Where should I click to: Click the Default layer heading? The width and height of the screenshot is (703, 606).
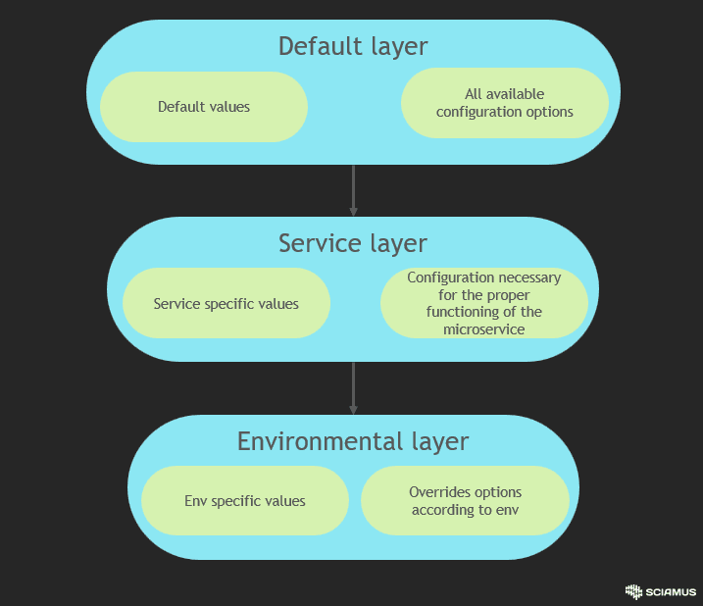(353, 46)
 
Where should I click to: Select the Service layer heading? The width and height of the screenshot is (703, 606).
(353, 243)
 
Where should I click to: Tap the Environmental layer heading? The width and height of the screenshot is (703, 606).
(353, 441)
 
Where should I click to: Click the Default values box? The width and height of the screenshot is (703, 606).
(204, 107)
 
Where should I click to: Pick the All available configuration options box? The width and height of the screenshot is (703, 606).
(505, 103)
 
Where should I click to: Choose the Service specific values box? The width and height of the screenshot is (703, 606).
(226, 304)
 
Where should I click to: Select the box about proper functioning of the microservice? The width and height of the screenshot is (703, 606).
(484, 304)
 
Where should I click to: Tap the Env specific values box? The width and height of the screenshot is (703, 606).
(245, 501)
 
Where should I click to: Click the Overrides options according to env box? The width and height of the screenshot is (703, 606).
(465, 501)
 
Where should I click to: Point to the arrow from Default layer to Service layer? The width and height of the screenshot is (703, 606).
(353, 190)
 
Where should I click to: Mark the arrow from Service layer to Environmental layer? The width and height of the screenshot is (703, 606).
(353, 388)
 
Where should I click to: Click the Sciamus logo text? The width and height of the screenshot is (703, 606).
(672, 592)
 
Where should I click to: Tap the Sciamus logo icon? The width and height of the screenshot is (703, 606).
(633, 591)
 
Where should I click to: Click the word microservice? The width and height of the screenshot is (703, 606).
(484, 329)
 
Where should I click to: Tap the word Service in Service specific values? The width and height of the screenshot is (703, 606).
(176, 304)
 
